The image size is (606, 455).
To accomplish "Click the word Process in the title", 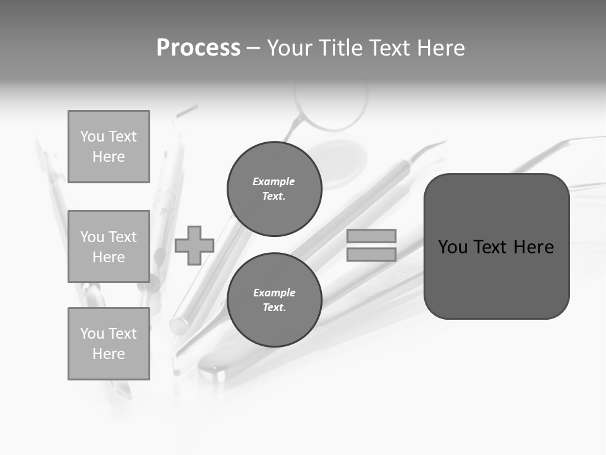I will pyautogui.click(x=198, y=48).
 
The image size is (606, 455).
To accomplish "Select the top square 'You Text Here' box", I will pyautogui.click(x=109, y=147).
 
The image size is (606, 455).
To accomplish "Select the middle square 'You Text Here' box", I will pyautogui.click(x=109, y=246).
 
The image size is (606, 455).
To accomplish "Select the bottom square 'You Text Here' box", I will pyautogui.click(x=109, y=344).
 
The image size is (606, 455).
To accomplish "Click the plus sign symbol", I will pyautogui.click(x=194, y=245).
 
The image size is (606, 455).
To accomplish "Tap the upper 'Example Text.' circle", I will pyautogui.click(x=275, y=189).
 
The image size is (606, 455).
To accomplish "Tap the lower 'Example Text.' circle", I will pyautogui.click(x=275, y=300).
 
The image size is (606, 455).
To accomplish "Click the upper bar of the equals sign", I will pyautogui.click(x=372, y=236).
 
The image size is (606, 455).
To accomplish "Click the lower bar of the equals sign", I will pyautogui.click(x=372, y=254).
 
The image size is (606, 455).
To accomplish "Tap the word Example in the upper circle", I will pyautogui.click(x=273, y=181).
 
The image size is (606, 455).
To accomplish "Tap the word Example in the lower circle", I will pyautogui.click(x=274, y=293).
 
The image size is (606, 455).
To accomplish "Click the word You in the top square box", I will pyautogui.click(x=92, y=136).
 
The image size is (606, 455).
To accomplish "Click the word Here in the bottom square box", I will pyautogui.click(x=109, y=354).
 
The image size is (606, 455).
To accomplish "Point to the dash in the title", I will pyautogui.click(x=253, y=48).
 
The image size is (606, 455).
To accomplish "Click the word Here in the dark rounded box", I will pyautogui.click(x=533, y=247).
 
